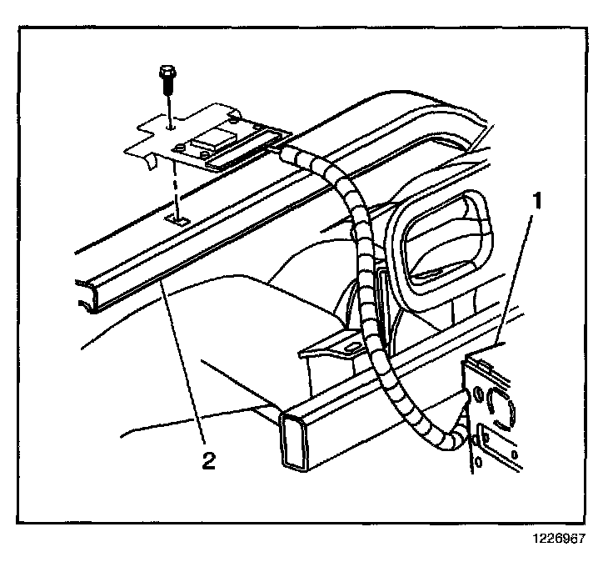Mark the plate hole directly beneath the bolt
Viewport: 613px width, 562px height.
pos(170,128)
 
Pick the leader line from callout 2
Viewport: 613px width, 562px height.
pos(184,367)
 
